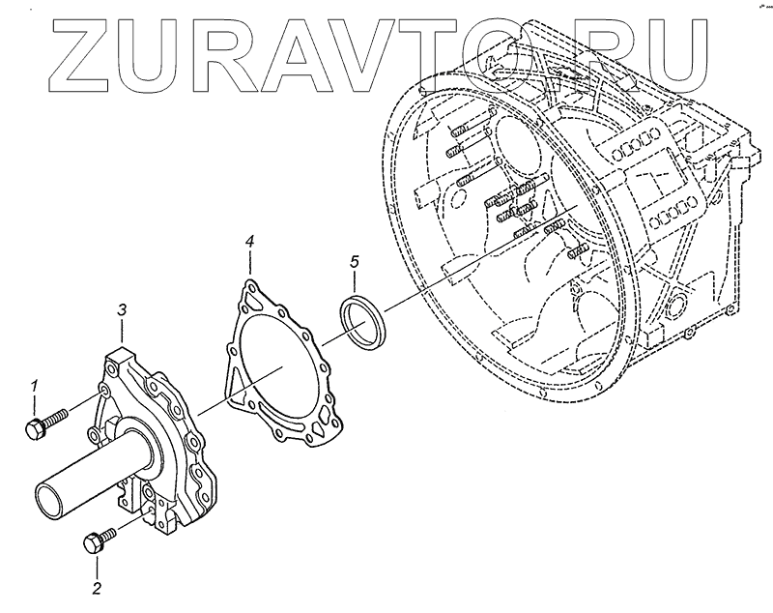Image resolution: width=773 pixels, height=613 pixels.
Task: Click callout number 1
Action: (35, 386)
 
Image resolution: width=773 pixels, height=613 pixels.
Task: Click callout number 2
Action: (97, 586)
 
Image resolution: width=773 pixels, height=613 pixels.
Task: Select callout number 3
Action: (123, 309)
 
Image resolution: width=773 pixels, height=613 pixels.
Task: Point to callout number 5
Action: (354, 262)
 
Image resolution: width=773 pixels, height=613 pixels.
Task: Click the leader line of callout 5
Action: (355, 282)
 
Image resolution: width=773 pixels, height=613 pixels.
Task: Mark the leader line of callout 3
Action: (124, 333)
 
